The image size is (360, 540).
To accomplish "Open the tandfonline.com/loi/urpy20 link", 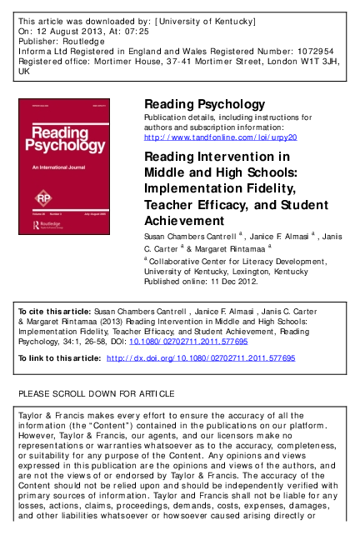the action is pos(221,136).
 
